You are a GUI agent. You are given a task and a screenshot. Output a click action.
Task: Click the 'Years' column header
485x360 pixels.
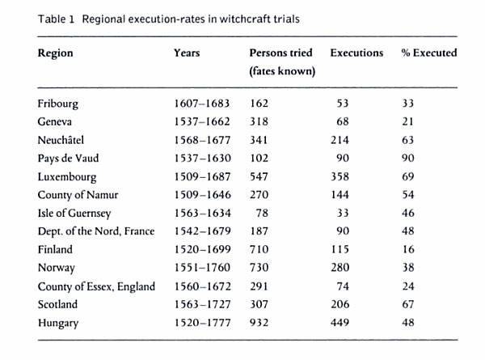click(x=187, y=53)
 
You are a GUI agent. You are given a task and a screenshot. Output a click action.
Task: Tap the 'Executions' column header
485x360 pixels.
click(x=357, y=53)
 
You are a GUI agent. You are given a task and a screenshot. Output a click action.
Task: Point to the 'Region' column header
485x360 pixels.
click(x=55, y=53)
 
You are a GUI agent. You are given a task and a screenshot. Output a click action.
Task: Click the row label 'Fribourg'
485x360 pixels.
click(x=58, y=105)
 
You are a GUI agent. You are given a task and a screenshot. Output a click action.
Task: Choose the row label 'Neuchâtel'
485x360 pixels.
click(x=61, y=140)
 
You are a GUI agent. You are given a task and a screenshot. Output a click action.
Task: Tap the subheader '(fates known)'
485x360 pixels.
click(x=281, y=72)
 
